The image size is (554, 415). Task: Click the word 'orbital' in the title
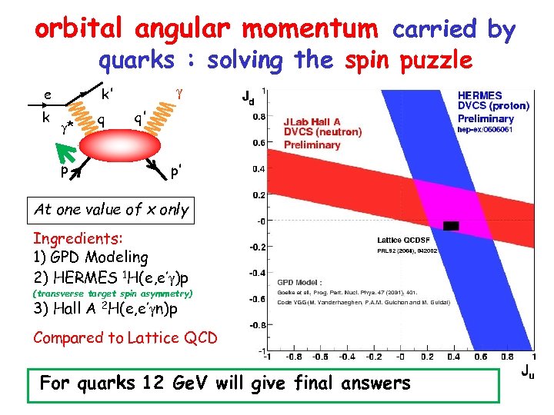pyautogui.click(x=81, y=28)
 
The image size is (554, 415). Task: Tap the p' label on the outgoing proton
pyautogui.click(x=177, y=171)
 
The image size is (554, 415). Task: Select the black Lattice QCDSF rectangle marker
pyautogui.click(x=451, y=226)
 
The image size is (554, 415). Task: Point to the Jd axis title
pyautogui.click(x=247, y=98)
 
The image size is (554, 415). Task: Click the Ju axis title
pyautogui.click(x=526, y=372)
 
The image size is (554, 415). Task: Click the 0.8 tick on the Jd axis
pyautogui.click(x=262, y=118)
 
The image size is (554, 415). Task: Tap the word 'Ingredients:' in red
pyautogui.click(x=72, y=238)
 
